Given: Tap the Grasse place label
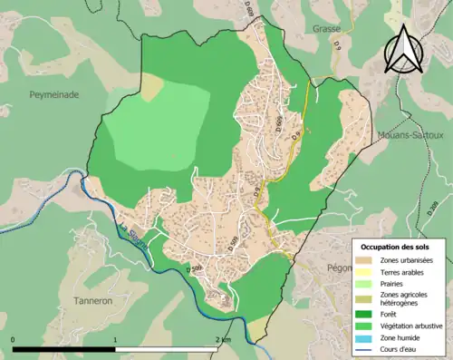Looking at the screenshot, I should pyautogui.click(x=326, y=29).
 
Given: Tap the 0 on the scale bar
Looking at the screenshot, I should pyautogui.click(x=14, y=340).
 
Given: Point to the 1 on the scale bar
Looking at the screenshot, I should pyautogui.click(x=115, y=340).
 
